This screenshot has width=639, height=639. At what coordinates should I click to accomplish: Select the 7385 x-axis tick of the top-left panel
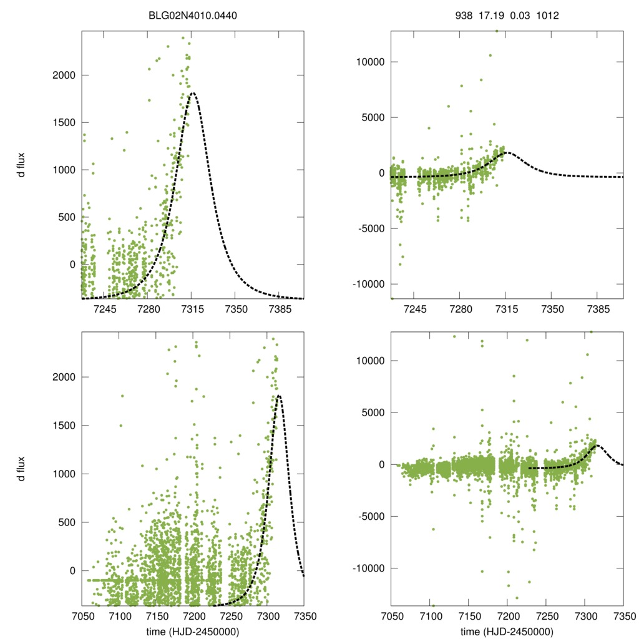coord(279,309)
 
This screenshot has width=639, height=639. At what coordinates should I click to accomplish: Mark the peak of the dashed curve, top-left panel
coord(193,93)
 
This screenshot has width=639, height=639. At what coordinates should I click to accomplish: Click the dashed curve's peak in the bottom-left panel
coord(278,395)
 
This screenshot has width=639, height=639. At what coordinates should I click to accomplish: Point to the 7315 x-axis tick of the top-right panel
coord(507,309)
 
